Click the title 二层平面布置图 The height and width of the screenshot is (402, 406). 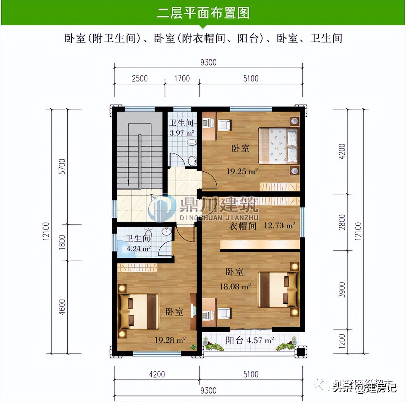coord(203,13)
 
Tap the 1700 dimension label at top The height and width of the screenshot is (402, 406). coord(182,78)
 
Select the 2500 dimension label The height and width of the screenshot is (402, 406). coord(140,78)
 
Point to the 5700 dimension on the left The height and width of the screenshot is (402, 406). coord(62,166)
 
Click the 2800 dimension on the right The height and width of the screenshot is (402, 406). coord(342,222)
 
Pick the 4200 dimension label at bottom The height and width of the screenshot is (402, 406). coord(157,375)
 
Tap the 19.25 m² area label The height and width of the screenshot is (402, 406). coord(242,171)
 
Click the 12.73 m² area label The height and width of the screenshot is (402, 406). coord(279,225)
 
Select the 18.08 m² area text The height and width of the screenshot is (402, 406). coord(235,287)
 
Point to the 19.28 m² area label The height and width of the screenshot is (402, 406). coord(170,340)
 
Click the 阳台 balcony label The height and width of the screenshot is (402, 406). coord(234,340)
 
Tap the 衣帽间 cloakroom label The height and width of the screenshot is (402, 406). coord(243,226)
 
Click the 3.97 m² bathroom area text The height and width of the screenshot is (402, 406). coord(182,133)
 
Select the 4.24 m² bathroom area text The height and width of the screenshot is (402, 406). coord(138,249)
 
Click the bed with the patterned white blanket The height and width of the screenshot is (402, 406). coord(278,145)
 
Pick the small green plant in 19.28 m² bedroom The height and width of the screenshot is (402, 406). coord(193,347)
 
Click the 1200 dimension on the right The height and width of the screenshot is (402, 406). coord(342,341)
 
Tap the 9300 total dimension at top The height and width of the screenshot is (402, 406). coord(208,62)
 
